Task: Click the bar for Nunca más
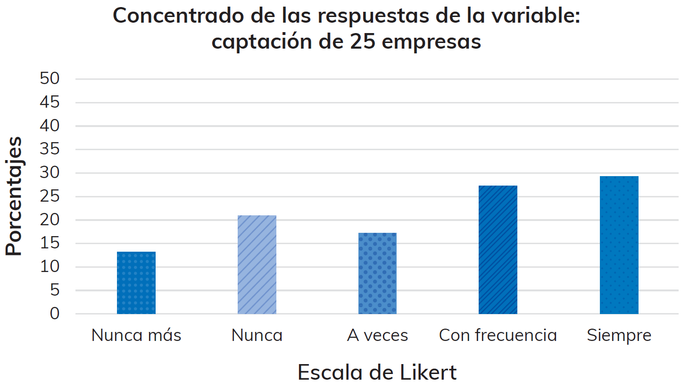[136, 283]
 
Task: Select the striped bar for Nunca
[257, 265]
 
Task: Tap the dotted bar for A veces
[377, 273]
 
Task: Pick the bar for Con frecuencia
[498, 250]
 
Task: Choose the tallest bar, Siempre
[619, 245]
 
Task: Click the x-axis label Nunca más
[136, 335]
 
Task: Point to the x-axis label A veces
[377, 335]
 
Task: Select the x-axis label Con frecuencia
[498, 335]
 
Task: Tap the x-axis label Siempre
[619, 335]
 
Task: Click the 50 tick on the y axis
[50, 78]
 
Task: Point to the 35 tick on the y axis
[50, 149]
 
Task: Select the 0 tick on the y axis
[55, 314]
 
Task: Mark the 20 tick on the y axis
[50, 220]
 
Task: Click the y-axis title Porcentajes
[14, 196]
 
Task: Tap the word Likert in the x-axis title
[428, 373]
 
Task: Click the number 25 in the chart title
[363, 42]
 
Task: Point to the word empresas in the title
[431, 42]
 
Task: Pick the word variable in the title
[535, 16]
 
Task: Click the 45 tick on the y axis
[50, 102]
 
